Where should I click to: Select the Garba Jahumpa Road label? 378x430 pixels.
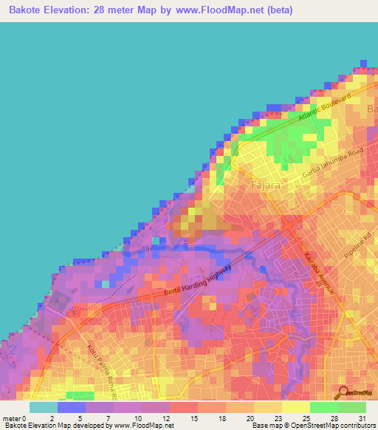click(x=334, y=163)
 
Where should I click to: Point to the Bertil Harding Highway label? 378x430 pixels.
click(x=198, y=283)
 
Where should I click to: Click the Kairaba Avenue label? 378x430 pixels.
click(x=319, y=274)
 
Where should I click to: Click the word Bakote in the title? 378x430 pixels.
click(x=30, y=10)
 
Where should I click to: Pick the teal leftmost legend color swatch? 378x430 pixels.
click(x=43, y=407)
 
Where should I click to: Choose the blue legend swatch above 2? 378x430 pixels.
click(x=71, y=407)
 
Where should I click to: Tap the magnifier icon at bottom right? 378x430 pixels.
click(x=343, y=393)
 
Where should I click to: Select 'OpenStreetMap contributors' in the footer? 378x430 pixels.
click(x=336, y=426)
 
